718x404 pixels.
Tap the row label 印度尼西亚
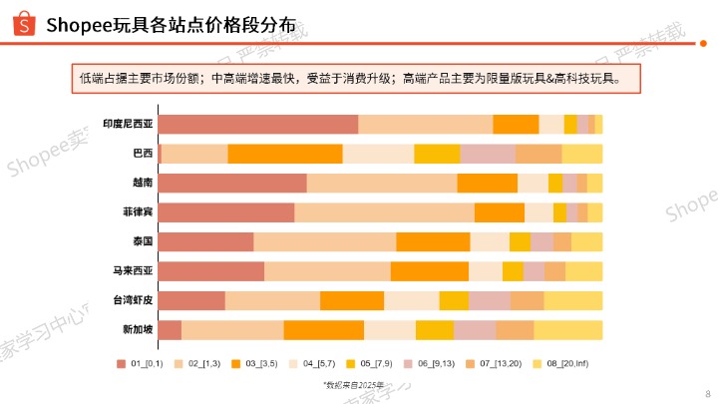point(129,125)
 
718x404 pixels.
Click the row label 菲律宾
point(138,212)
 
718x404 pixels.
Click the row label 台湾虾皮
point(133,300)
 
